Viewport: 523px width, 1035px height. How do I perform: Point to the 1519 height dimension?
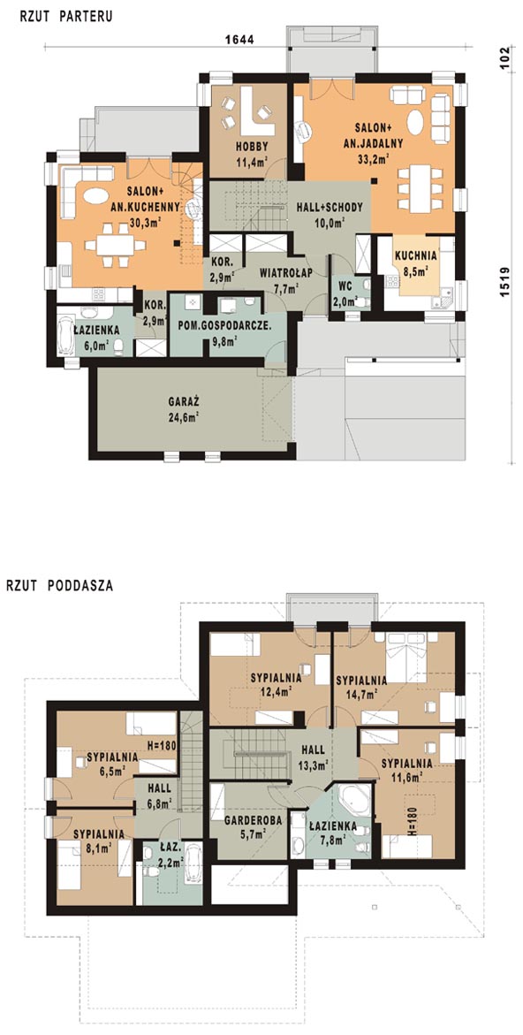pos(504,282)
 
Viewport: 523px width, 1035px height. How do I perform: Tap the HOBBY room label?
pos(249,147)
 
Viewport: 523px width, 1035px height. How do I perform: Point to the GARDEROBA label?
pos(254,820)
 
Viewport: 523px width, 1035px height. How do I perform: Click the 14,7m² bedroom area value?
pos(361,694)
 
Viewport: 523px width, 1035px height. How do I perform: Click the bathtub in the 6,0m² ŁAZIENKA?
pos(66,335)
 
